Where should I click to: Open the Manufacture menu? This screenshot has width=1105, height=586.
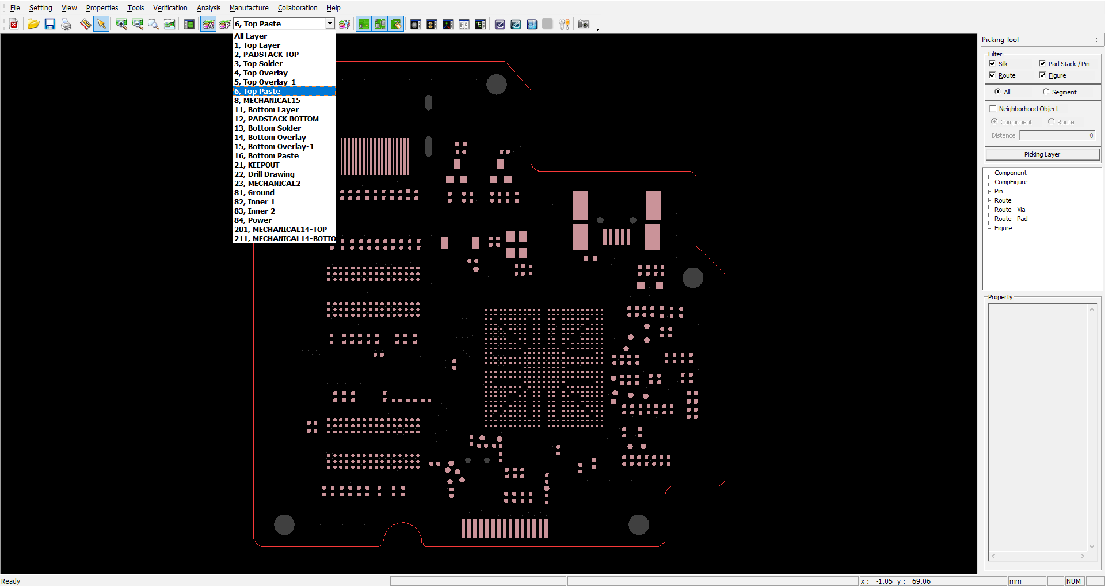click(x=249, y=7)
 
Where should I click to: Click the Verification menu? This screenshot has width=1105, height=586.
click(x=170, y=7)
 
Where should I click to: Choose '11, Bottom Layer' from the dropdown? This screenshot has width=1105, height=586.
click(x=266, y=109)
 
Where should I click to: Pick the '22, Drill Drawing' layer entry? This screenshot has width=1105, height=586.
click(x=264, y=174)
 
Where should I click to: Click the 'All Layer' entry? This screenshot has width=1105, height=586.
click(x=250, y=36)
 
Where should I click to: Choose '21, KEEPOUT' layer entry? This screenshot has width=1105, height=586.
click(x=257, y=165)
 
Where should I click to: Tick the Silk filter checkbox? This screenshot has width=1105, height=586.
click(x=992, y=63)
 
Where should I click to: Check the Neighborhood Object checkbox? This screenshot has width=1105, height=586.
click(x=993, y=108)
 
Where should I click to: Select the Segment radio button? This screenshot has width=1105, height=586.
click(x=1046, y=92)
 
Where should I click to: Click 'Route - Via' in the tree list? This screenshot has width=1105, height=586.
click(x=1009, y=210)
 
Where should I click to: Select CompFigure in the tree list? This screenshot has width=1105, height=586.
click(x=1011, y=182)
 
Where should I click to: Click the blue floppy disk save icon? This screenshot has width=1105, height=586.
click(x=50, y=24)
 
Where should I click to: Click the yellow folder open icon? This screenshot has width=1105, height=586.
click(x=33, y=24)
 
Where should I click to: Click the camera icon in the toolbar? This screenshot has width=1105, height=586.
click(x=584, y=24)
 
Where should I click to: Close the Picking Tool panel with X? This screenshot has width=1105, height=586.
click(x=1098, y=40)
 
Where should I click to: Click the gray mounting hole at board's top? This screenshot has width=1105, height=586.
click(x=496, y=84)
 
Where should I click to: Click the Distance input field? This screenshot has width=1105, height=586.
click(x=1057, y=135)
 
